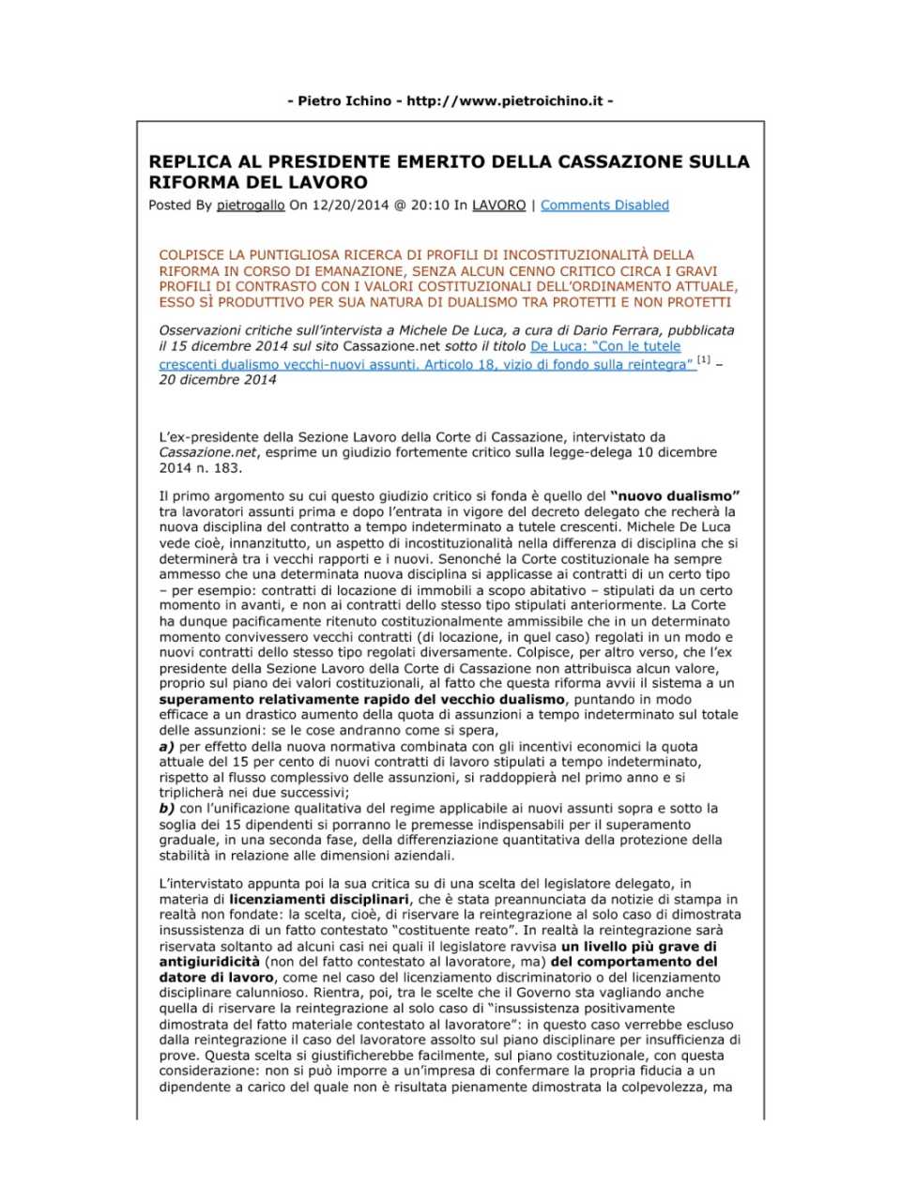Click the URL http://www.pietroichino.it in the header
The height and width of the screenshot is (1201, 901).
(504, 100)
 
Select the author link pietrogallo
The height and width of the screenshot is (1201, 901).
(250, 205)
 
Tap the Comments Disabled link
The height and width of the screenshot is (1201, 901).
(604, 205)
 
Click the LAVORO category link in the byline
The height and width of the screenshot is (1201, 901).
(498, 205)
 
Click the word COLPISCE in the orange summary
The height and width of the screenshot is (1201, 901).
(191, 255)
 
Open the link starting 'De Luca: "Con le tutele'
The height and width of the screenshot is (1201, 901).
(605, 346)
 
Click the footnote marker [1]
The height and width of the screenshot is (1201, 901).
(703, 361)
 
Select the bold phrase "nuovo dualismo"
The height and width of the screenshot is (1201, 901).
(675, 496)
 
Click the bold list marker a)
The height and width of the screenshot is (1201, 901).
(167, 747)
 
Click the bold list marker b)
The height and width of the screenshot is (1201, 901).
(167, 809)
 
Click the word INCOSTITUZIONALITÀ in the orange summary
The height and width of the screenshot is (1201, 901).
(569, 255)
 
